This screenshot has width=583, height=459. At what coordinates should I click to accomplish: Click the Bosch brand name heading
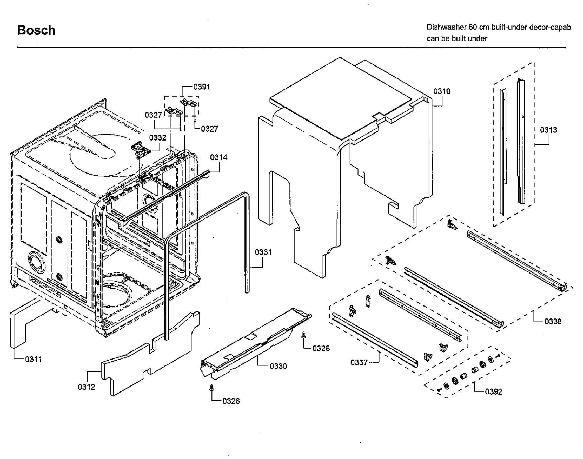pos(36,30)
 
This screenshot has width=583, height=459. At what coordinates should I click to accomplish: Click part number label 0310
pos(442,91)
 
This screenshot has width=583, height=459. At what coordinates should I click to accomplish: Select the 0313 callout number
pos(548,130)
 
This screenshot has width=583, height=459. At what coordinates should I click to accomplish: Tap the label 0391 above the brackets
pos(201,87)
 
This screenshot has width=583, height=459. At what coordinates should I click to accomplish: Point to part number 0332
pos(158,138)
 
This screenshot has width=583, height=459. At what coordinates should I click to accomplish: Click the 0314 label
pos(219,157)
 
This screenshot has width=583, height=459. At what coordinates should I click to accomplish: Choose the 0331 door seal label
pos(263,252)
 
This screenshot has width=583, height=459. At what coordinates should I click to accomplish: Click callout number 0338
pos(553,321)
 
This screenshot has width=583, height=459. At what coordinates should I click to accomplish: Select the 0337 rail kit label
pos(359,362)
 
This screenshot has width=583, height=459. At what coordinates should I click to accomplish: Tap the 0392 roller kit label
pos(493,392)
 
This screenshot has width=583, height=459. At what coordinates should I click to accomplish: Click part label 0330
pos(278,366)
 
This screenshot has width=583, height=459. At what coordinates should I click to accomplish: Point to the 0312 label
pos(86,387)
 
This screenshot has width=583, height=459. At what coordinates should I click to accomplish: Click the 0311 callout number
pos(33,359)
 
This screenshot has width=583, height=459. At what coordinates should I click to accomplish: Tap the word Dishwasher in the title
pos(445,27)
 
